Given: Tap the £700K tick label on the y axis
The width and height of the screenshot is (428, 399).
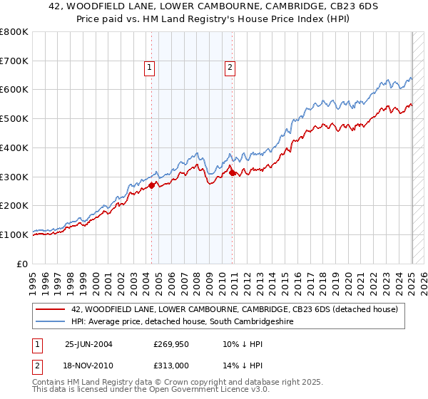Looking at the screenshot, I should point(15,61).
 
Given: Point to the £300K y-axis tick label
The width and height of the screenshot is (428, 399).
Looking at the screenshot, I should point(15,177).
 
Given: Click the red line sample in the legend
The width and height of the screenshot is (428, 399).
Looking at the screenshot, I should point(50,309).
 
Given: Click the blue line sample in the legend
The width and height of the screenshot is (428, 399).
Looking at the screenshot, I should point(50,321).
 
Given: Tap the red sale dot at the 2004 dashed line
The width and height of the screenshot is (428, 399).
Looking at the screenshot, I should point(151,185).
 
